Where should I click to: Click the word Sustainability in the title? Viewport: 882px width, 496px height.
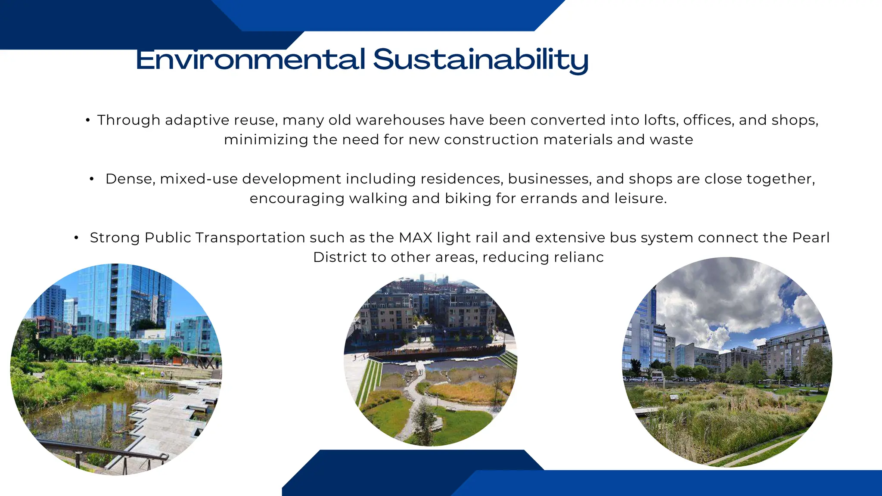[481, 60]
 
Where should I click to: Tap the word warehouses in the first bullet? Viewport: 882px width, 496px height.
[400, 120]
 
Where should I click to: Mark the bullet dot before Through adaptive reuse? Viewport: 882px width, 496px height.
[88, 121]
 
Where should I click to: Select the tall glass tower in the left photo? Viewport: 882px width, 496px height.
[125, 301]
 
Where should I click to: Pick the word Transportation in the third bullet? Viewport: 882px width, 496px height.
[250, 238]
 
